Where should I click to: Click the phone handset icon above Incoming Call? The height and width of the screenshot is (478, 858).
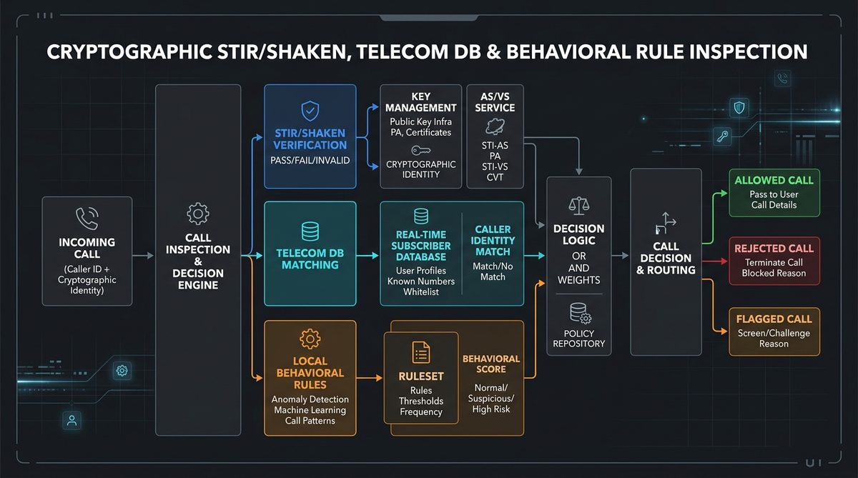87,219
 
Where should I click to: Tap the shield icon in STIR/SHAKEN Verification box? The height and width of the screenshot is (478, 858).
310,111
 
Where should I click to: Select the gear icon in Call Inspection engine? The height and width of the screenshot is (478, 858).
197,214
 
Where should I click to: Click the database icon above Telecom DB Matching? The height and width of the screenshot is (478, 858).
310,231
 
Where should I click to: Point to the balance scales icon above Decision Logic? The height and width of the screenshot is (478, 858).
578,206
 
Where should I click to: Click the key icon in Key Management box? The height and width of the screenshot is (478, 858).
420,151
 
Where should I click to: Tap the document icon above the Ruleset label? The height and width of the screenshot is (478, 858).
420,352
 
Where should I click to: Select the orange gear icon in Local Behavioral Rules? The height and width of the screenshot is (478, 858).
310,339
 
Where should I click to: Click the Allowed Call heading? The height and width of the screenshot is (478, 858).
774,180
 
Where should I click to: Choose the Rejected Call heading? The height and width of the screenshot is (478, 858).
774,249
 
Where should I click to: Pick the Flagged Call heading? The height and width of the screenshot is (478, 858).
774,319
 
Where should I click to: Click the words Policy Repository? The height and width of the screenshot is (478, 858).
578,339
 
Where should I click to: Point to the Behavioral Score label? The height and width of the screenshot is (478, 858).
491,364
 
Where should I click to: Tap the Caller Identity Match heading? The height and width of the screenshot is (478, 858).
493,240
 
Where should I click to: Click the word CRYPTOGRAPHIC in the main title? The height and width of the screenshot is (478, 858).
129,52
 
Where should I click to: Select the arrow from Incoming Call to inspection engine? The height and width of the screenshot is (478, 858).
143,255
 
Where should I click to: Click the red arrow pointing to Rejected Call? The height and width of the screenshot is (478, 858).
715,262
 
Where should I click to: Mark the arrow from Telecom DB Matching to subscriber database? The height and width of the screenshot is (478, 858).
368,255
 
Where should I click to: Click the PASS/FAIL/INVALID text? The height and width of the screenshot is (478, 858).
310,160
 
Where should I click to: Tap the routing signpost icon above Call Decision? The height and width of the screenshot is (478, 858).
666,223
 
